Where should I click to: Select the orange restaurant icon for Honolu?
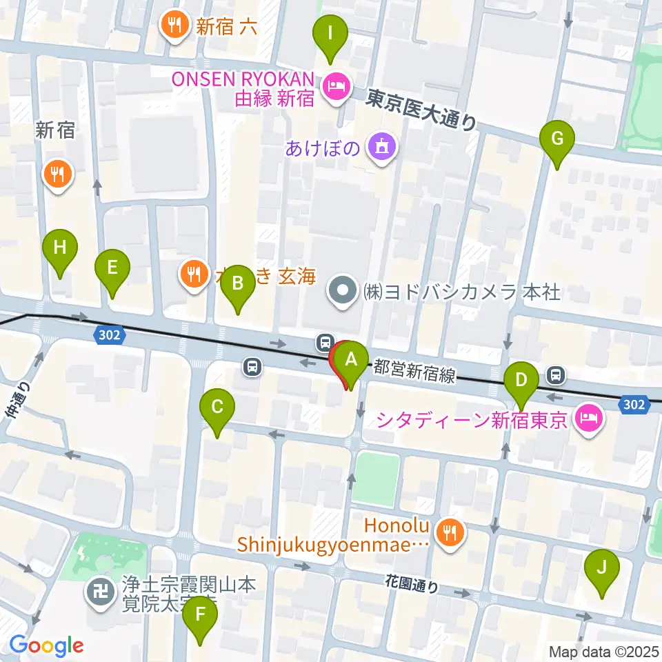(452, 530)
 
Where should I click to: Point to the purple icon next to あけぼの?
(380, 146)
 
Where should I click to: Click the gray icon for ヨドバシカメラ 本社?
(343, 292)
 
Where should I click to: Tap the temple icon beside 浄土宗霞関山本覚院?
(101, 590)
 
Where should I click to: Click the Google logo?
(46, 645)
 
